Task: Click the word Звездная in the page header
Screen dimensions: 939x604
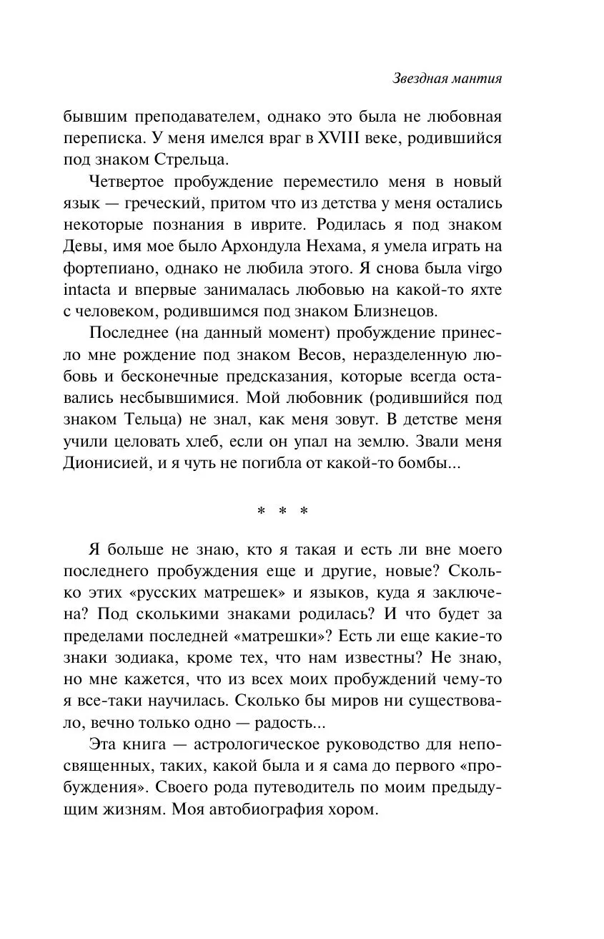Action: click(420, 79)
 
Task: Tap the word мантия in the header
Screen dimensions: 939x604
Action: click(476, 79)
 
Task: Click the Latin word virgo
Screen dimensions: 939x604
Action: click(485, 269)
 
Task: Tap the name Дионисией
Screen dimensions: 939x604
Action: click(105, 464)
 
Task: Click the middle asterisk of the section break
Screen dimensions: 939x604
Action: click(282, 510)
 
